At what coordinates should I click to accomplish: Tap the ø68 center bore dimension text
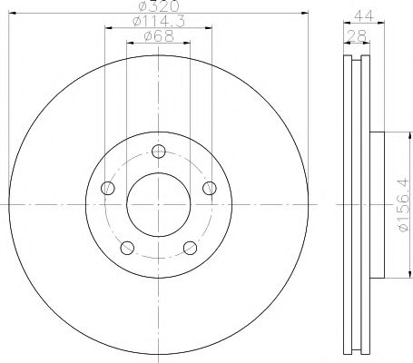[x=158, y=36]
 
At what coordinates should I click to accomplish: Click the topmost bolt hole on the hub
[x=159, y=152]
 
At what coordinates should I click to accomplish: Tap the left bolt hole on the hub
[x=109, y=188]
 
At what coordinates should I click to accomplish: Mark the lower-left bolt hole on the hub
[x=128, y=247]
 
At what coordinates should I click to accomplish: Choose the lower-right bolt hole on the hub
[x=190, y=247]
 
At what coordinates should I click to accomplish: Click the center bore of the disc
[x=159, y=204]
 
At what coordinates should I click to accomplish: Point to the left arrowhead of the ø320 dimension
[x=12, y=16]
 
